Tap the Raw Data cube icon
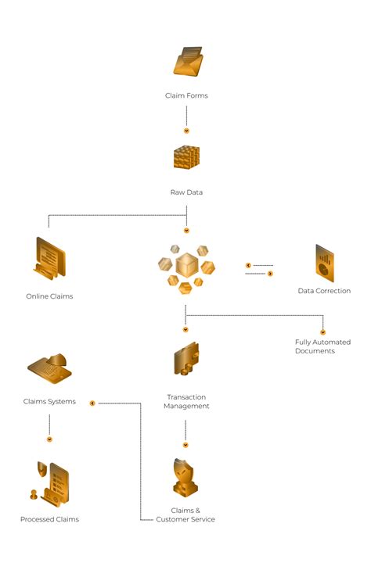(x=186, y=159)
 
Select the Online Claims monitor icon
(x=49, y=259)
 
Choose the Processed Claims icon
(x=49, y=484)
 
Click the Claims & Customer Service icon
(x=185, y=478)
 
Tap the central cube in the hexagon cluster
(x=186, y=265)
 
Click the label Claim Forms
(x=186, y=95)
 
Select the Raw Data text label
(x=186, y=192)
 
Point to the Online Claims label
(x=49, y=296)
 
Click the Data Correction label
(x=324, y=291)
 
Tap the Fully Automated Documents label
(x=322, y=346)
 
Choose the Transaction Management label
(x=187, y=401)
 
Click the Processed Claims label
(x=49, y=519)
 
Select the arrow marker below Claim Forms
(x=186, y=131)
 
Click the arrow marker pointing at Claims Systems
(x=92, y=403)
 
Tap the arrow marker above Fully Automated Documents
(x=322, y=332)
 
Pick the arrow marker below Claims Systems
(x=49, y=439)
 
